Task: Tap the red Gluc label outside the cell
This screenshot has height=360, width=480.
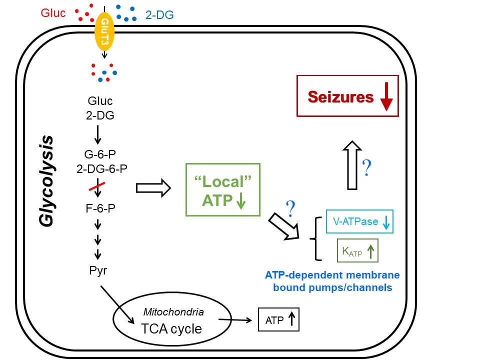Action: tap(52, 12)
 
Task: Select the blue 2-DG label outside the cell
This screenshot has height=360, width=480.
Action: tap(159, 15)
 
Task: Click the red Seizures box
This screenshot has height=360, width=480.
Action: tap(347, 96)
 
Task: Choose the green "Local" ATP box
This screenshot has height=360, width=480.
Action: tap(222, 189)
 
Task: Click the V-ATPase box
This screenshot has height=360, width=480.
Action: tap(359, 221)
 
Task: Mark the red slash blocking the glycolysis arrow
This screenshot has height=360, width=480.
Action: tap(97, 186)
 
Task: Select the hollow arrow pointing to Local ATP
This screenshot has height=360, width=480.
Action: tap(153, 188)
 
